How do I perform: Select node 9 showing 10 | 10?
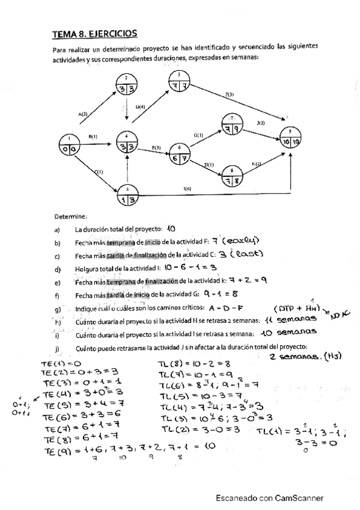tap(291, 137)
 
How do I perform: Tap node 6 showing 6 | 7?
tap(179, 154)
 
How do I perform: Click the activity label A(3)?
tap(83, 113)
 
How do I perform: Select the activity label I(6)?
tap(188, 189)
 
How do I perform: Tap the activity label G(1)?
tap(198, 135)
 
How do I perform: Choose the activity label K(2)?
tap(257, 164)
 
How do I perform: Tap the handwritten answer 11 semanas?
tap(288, 320)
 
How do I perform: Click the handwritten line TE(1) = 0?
tap(61, 363)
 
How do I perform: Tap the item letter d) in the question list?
tap(56, 268)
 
